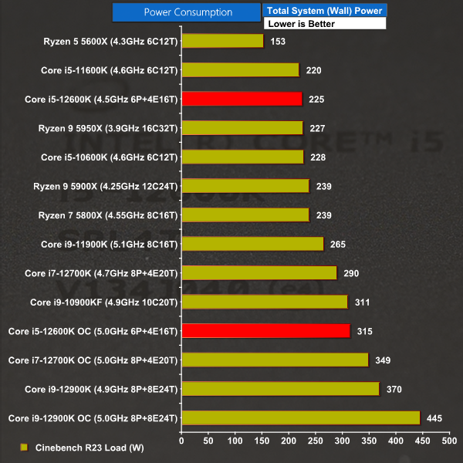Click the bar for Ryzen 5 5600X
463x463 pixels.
point(222,41)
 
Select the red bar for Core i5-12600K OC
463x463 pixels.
point(265,331)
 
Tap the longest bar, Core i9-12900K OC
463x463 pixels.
point(300,418)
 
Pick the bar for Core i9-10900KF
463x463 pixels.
point(265,302)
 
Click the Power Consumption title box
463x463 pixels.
point(188,12)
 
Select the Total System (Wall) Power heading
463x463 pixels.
point(324,11)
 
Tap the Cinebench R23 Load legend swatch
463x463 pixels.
point(24,447)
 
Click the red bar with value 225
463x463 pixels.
point(242,99)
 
